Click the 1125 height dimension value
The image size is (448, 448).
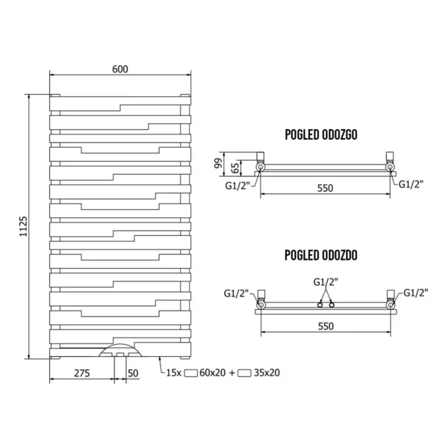(22, 223)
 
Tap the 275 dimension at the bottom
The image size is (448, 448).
(82, 372)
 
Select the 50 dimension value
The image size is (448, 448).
(134, 372)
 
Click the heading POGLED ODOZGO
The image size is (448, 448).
(323, 134)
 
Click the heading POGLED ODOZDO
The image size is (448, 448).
(323, 255)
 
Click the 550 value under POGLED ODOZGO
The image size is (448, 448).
(324, 188)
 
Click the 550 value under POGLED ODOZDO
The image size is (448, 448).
(324, 326)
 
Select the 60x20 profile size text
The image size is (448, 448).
(212, 372)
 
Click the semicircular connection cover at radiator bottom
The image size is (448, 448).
(120, 350)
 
